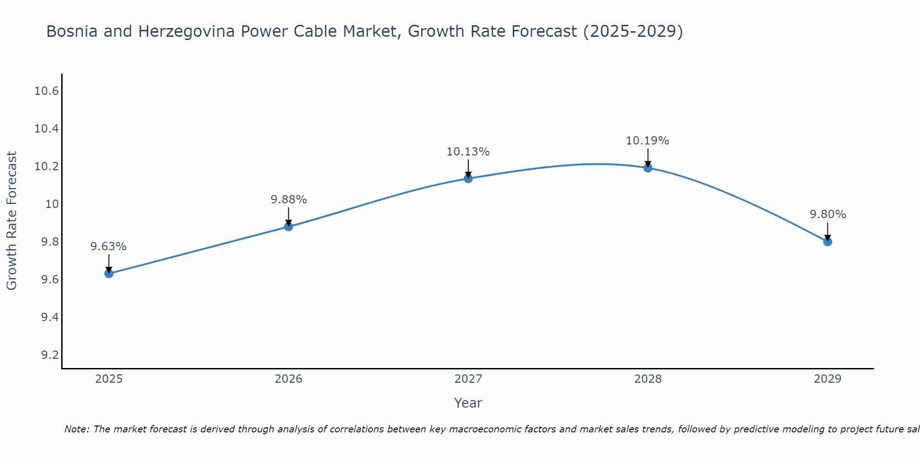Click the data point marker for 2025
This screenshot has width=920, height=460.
coord(109,274)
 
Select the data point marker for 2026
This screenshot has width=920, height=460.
coord(288,226)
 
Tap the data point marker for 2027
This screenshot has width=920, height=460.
coord(468,178)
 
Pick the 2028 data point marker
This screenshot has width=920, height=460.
coord(648,168)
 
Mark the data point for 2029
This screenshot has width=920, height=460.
coord(828,241)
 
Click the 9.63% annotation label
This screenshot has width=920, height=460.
coord(109,247)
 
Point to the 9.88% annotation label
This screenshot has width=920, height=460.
coord(288,200)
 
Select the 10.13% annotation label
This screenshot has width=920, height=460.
coord(468,152)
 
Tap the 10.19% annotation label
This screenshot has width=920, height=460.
coord(648,141)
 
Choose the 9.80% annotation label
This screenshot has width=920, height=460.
coord(828,214)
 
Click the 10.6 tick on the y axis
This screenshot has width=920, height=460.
coord(47,91)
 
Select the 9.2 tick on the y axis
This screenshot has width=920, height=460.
coord(50,355)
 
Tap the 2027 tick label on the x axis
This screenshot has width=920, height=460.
coord(468,379)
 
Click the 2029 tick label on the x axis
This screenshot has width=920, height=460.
coord(828,379)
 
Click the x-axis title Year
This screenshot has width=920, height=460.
coord(468,403)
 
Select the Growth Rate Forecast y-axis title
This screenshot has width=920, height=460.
coord(11,221)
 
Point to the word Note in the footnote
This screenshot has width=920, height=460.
coord(76,429)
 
